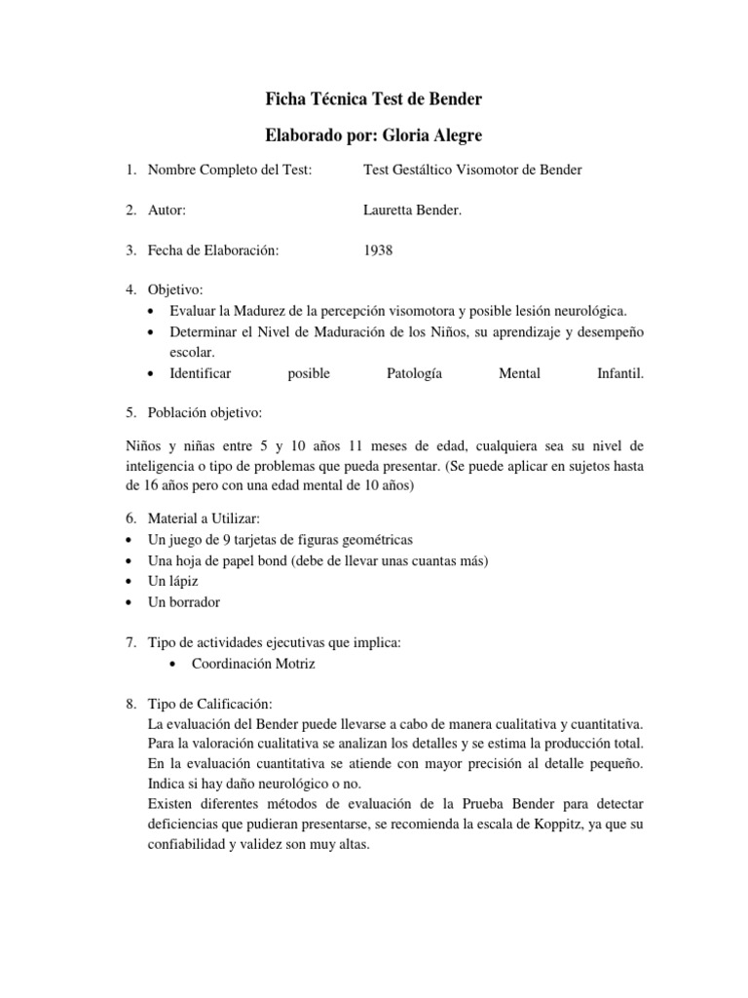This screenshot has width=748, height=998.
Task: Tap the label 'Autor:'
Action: tap(167, 210)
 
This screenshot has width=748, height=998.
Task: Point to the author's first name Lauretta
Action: tap(390, 210)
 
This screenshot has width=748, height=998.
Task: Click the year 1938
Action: tap(378, 249)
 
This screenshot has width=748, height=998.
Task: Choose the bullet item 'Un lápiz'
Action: tap(170, 581)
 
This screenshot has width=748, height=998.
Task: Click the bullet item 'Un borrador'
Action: tap(182, 601)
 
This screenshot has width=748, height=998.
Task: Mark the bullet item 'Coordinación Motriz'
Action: tap(252, 664)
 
